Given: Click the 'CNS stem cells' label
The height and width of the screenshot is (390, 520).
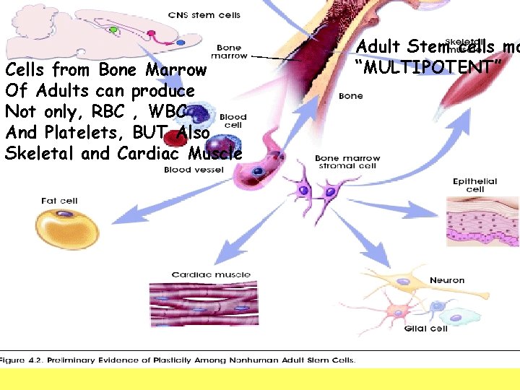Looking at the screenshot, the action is click(x=204, y=15).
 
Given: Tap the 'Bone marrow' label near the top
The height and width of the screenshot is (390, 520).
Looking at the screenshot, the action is click(x=229, y=52).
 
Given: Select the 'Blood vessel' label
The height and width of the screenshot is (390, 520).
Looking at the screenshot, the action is click(x=194, y=170).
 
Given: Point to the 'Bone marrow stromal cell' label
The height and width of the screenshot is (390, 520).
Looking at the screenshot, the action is click(x=347, y=162).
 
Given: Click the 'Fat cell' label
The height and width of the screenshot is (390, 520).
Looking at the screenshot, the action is click(x=59, y=201).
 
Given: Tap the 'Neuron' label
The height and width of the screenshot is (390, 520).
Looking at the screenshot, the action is click(x=447, y=280).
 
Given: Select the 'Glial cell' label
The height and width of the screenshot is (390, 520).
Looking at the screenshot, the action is click(x=426, y=329).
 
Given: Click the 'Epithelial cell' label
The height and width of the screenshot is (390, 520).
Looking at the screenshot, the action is click(x=474, y=185).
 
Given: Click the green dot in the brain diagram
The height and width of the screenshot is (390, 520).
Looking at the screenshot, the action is click(x=113, y=30).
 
